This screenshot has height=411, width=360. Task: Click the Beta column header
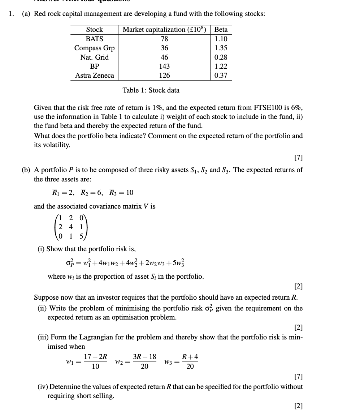221,30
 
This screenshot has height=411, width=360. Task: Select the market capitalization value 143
164,67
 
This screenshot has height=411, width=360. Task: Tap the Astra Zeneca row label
94,76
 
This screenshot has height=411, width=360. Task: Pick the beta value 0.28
221,57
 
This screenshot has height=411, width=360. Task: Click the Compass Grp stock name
94,48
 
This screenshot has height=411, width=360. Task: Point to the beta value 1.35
221,48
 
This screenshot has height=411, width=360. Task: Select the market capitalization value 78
164,39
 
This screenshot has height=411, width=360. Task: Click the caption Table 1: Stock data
151,90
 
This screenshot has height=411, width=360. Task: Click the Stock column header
94,30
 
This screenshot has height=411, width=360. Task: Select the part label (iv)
43,387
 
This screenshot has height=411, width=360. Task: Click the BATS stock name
94,39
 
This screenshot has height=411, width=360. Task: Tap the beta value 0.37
221,76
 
